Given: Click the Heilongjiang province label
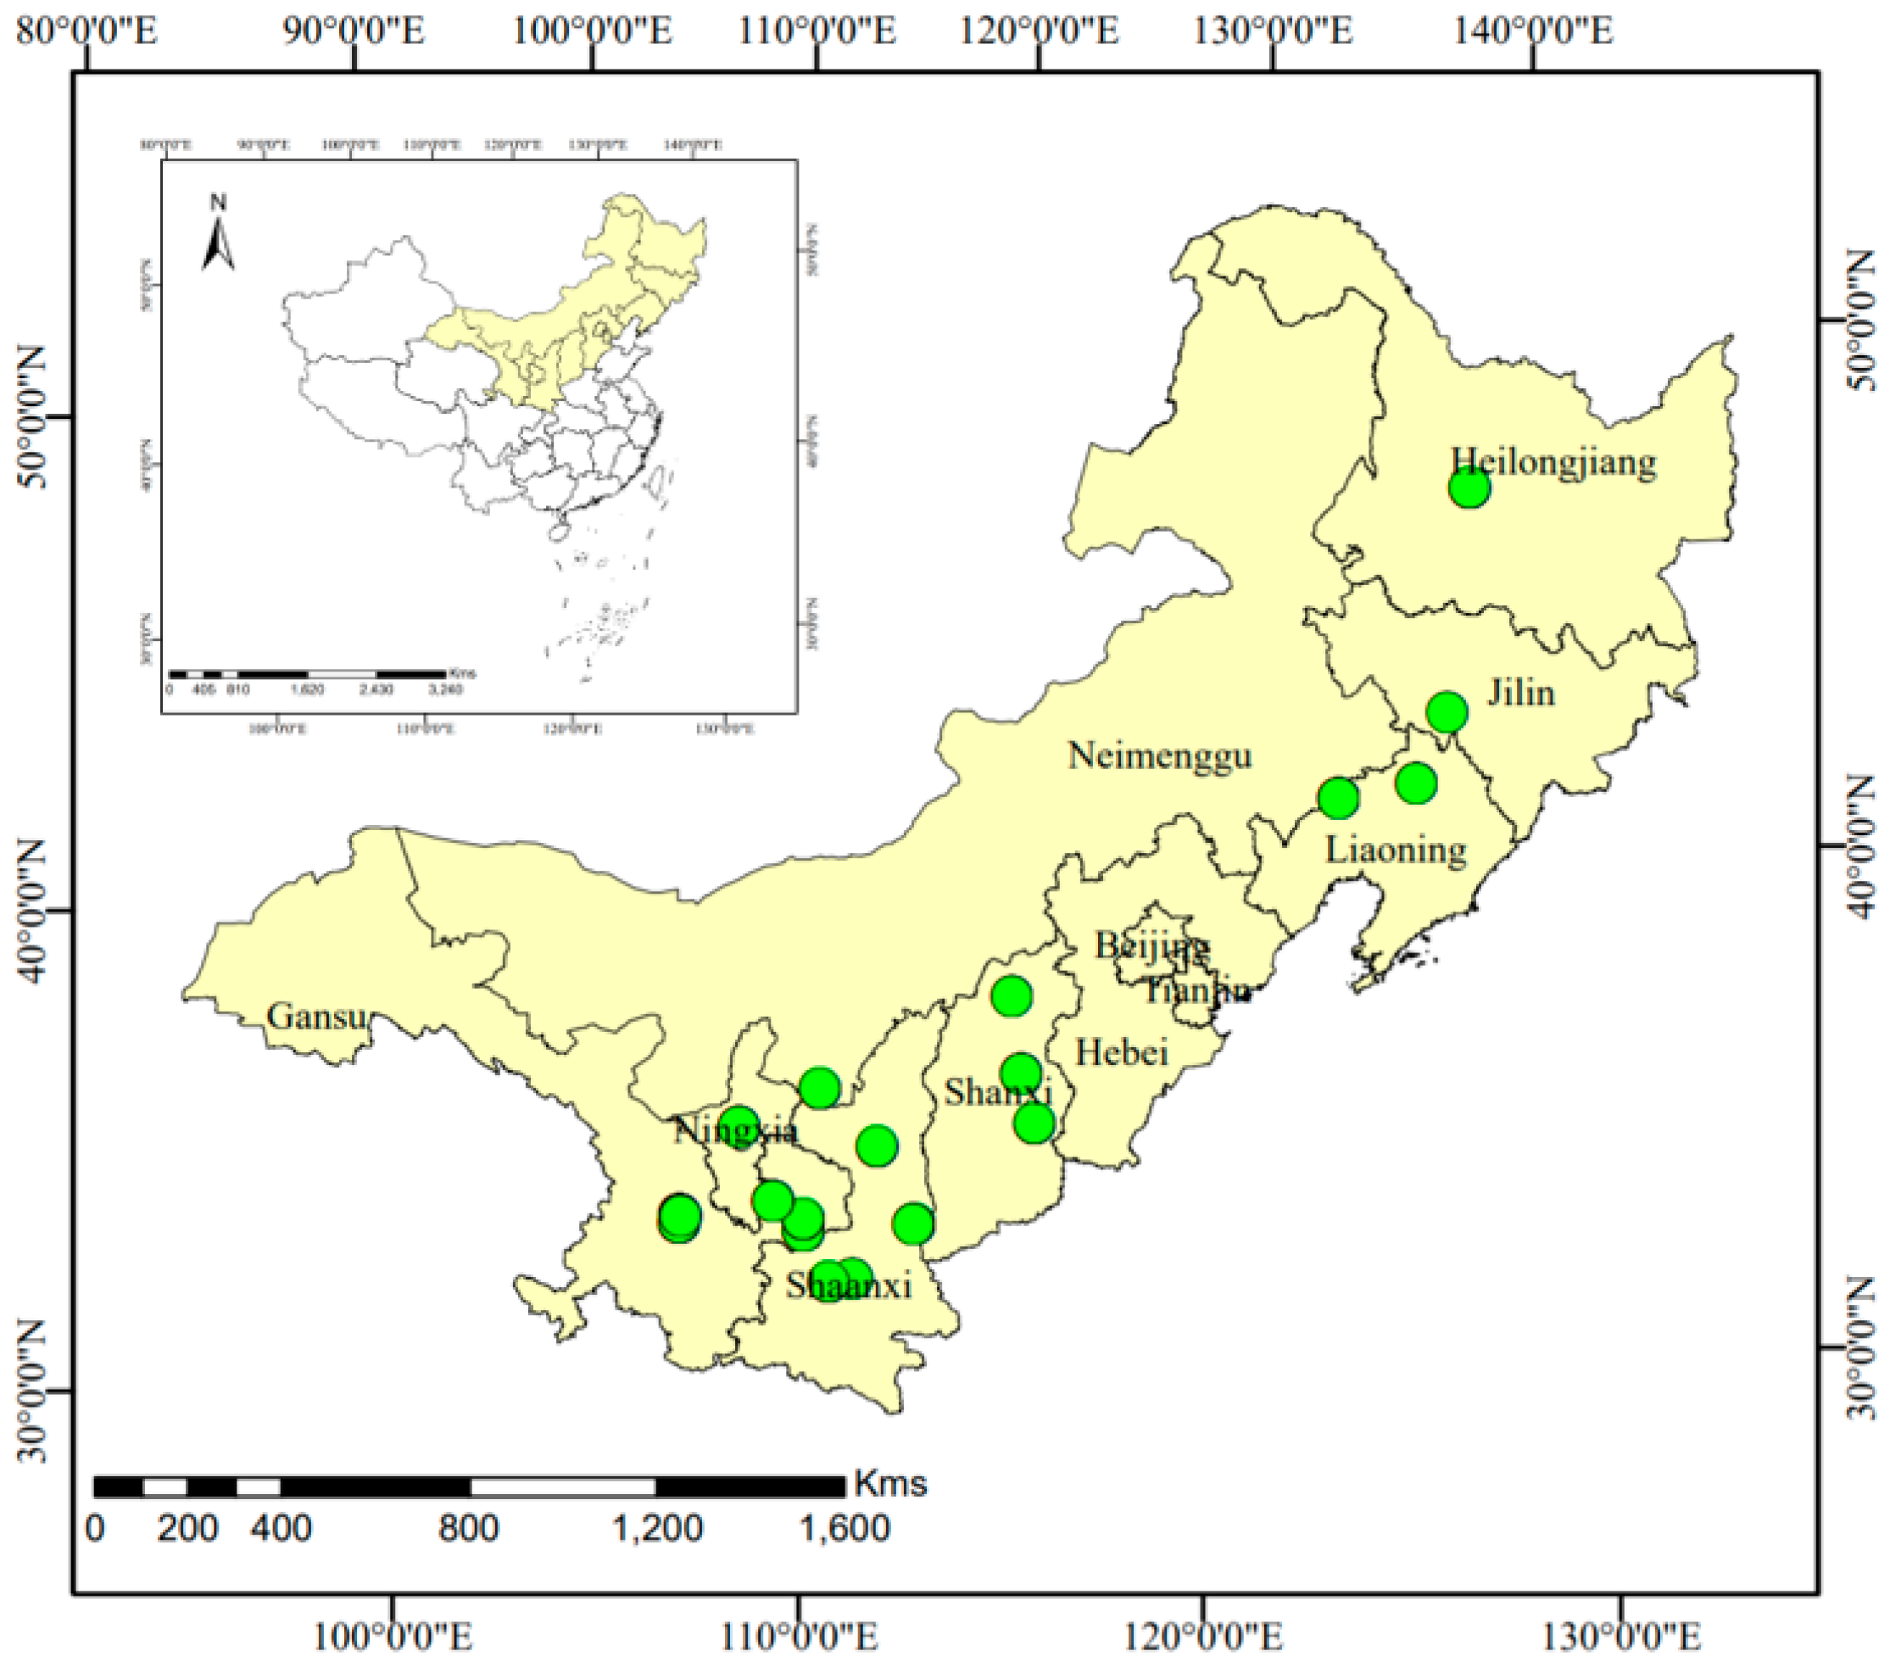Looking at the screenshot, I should click(x=1553, y=461).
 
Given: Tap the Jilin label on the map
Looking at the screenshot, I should click(x=1520, y=693).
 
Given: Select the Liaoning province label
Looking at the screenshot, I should click(x=1396, y=849).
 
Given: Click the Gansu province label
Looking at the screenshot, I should click(x=316, y=1016).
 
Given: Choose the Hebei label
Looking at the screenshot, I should click(x=1122, y=1052).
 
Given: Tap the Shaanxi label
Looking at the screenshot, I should click(x=849, y=1285).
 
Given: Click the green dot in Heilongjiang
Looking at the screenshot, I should click(x=1469, y=488).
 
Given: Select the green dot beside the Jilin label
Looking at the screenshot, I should click(x=1447, y=712).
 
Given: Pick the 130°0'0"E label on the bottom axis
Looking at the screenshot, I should click(x=1620, y=1637).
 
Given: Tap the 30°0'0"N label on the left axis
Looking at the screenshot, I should click(x=31, y=1391).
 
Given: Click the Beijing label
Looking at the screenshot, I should click(x=1151, y=945).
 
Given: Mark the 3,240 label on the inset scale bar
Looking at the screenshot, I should click(x=446, y=689).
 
